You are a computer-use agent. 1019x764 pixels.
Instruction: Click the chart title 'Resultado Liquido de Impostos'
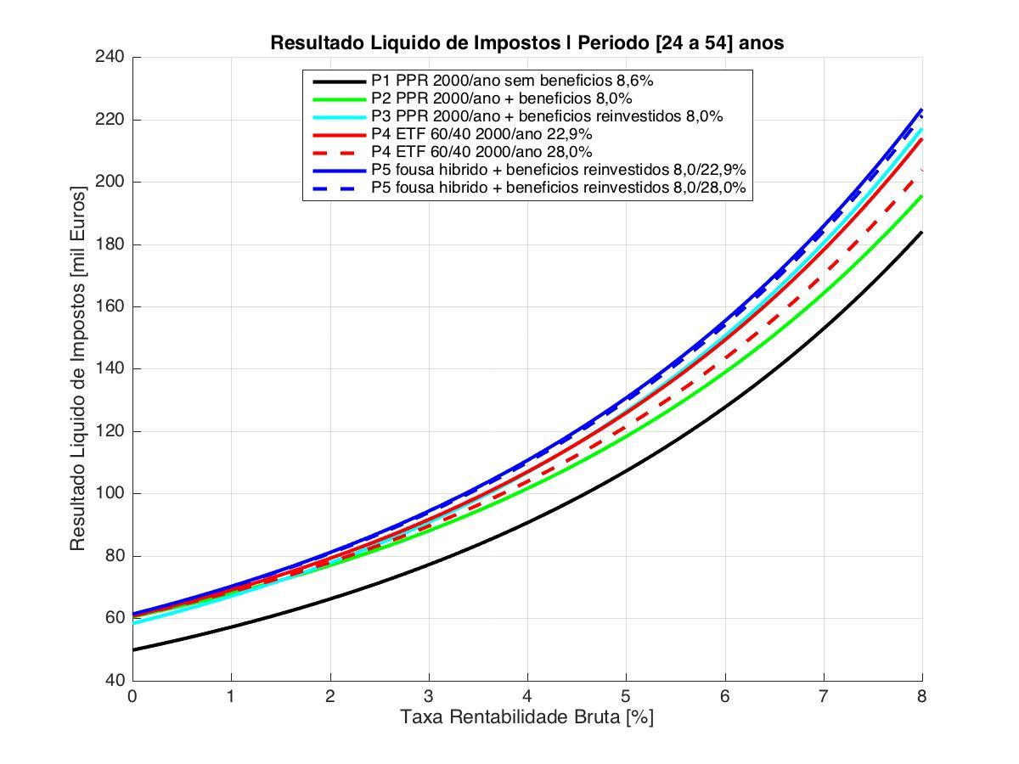coord(526,42)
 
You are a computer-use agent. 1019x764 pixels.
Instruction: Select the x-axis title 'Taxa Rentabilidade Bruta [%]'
coord(526,717)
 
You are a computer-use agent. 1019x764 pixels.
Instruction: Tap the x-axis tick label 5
coord(626,696)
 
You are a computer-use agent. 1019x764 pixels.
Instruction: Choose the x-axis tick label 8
coord(922,696)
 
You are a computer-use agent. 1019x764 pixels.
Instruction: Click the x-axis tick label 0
coord(132,696)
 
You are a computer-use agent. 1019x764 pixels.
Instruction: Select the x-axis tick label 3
coord(429,696)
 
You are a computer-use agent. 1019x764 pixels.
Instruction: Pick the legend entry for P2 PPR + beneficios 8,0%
coord(501,98)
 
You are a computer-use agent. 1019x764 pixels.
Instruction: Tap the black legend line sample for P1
coord(338,81)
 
